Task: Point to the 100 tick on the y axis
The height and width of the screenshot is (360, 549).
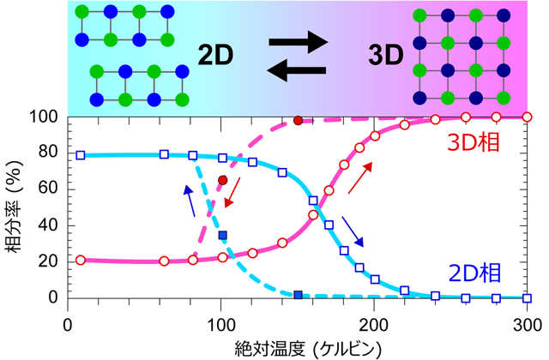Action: pos(46,117)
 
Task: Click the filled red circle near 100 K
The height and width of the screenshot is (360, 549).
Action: pos(223,180)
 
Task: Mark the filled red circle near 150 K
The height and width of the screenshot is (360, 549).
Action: pos(299,121)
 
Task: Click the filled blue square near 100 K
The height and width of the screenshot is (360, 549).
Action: pos(223,235)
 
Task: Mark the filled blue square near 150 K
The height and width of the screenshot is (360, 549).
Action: pos(299,295)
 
